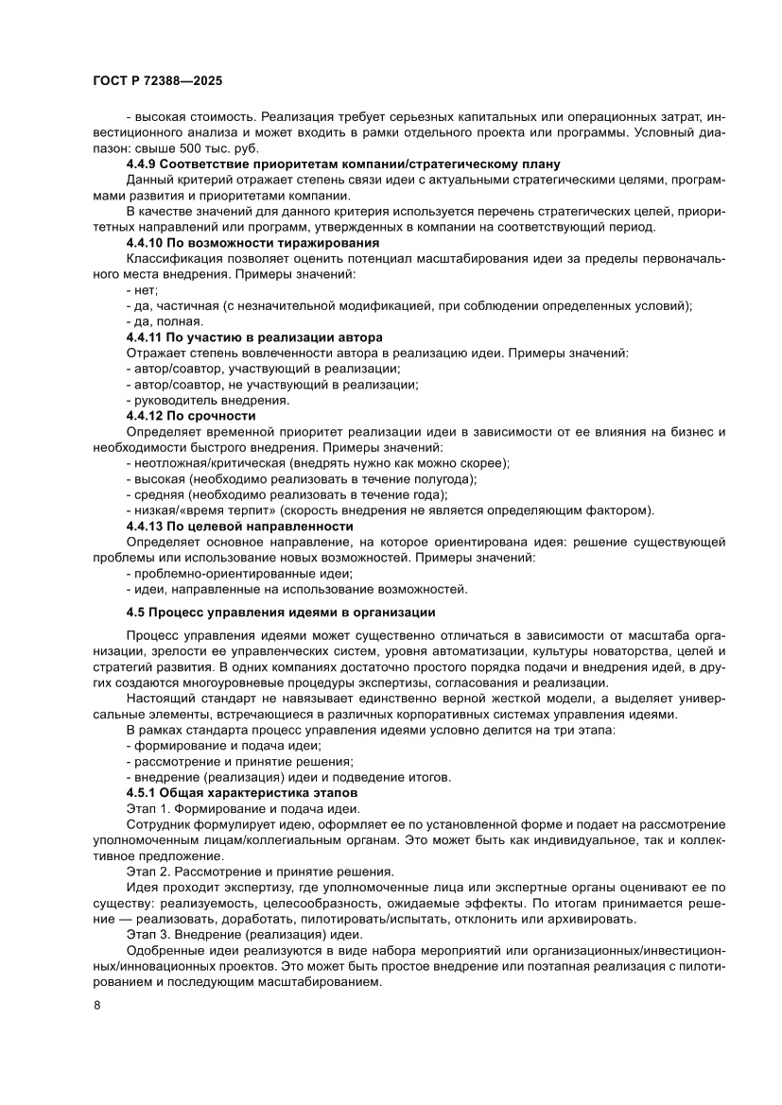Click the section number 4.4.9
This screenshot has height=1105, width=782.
tap(144, 164)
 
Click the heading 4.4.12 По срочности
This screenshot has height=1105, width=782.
tap(191, 415)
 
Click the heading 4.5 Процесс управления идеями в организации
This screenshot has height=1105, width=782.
tap(281, 612)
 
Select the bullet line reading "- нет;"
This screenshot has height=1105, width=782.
tap(142, 290)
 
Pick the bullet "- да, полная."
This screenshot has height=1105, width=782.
tap(164, 321)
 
